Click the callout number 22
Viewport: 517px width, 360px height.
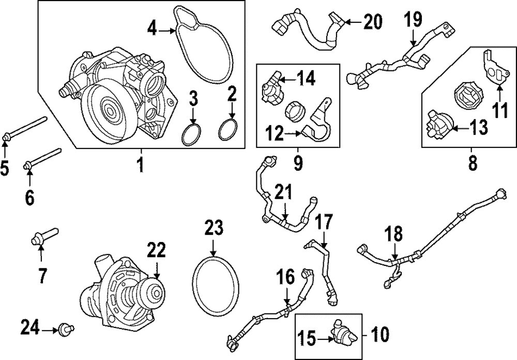point(156,250)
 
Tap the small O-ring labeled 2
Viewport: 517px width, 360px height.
point(228,130)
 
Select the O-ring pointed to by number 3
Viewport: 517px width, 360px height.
point(191,134)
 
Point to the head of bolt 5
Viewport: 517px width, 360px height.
point(6,137)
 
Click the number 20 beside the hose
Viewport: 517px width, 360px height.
point(373,22)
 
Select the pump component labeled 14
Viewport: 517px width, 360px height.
point(272,87)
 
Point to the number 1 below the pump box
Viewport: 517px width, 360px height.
point(141,165)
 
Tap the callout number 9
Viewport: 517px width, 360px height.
point(298,163)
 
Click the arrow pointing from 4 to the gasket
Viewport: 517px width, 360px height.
point(167,31)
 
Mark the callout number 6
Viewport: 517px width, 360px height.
point(29,198)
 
